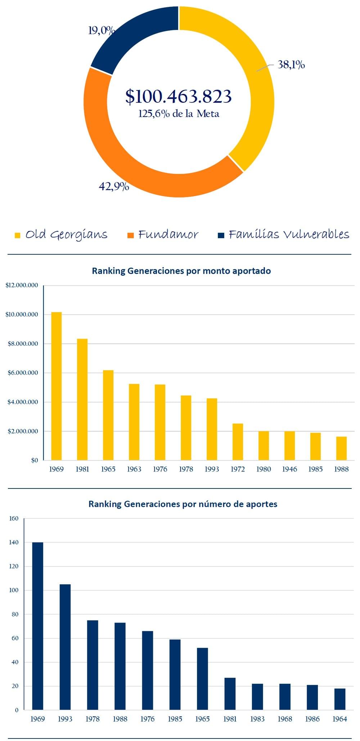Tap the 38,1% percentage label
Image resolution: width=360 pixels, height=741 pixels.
pos(291,65)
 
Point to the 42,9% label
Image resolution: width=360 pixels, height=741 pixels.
pos(114,186)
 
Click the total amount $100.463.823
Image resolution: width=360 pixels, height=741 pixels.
pos(179,96)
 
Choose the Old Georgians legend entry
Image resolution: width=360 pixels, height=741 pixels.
pos(61,235)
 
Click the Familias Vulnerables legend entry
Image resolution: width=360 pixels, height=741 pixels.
pos(284,235)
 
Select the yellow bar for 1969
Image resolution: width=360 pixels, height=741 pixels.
pos(57,386)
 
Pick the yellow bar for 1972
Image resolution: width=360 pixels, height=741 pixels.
pos(238,442)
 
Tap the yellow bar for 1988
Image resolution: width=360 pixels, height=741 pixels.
pos(341,448)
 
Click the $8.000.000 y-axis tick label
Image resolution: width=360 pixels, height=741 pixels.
pos(22,344)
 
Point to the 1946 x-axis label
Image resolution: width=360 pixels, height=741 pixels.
pos(289,469)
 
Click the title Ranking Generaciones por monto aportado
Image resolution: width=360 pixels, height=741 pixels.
pos(181,271)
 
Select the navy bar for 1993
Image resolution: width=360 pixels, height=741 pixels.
pos(65,647)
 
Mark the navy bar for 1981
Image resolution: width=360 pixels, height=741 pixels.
pos(230,694)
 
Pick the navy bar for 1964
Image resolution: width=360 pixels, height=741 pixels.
pos(340,699)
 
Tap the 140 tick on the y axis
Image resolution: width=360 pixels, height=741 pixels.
pos(14,543)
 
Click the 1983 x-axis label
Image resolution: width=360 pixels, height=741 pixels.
pos(257,719)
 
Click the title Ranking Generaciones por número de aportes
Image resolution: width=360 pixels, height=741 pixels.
pos(183,504)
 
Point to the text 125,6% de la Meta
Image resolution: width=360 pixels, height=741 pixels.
pos(179,114)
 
